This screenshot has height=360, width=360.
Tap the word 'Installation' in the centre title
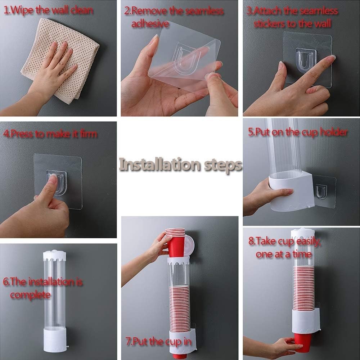pos(159,165)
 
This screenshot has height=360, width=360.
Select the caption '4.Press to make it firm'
pos(50,134)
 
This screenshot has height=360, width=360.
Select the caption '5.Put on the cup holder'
pos(298,132)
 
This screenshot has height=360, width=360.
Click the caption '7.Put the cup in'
pos(158,342)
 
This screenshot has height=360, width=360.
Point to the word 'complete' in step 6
pos(30,295)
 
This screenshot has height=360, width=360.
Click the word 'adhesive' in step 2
pos(150,24)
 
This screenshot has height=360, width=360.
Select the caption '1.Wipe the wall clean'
pos(49,10)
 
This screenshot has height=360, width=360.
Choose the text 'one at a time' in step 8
pos(284,254)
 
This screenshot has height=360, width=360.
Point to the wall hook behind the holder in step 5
pos(321,192)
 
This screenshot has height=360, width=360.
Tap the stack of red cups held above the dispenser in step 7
pos(176,242)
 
